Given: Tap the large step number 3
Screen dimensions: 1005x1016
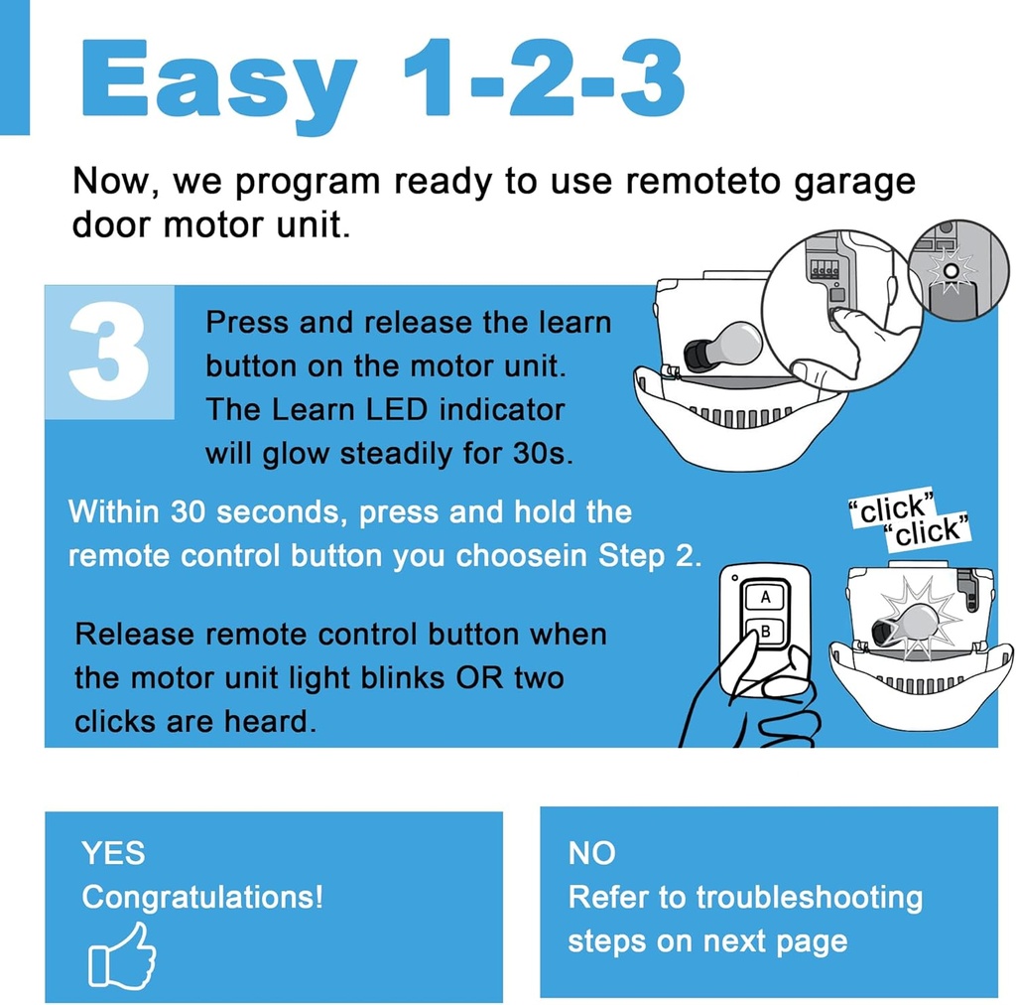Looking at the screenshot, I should (109, 353).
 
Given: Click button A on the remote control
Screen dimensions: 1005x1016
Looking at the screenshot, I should (765, 596).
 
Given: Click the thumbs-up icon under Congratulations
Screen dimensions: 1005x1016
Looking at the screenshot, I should (122, 954).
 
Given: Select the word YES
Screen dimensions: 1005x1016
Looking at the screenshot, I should (113, 852).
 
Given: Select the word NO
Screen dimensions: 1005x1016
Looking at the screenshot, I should (591, 852).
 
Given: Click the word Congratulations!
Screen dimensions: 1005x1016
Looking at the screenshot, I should (202, 897).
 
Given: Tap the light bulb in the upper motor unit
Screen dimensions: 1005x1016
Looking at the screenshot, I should (724, 347).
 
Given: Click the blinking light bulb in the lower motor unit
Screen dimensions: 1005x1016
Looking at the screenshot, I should (909, 625).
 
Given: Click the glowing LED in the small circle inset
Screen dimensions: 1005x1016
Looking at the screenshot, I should (951, 269).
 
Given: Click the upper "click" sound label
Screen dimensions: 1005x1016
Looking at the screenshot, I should (892, 510).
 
